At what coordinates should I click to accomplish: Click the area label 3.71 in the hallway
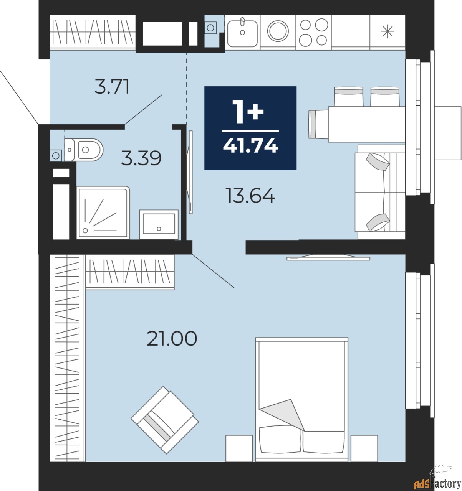pos(112,87)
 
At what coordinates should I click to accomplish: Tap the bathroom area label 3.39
pos(141,158)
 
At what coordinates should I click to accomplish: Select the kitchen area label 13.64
pos(250,196)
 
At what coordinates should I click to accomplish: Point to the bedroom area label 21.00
pos(172,338)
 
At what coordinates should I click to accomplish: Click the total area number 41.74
pos(250,146)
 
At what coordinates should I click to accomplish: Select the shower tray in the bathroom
pos(103,213)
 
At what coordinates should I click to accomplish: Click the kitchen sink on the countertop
pos(242,32)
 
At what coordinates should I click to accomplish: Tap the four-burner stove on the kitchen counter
pos(313,32)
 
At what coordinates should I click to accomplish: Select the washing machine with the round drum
pos(278,31)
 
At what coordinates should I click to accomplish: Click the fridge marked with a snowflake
pos(387,32)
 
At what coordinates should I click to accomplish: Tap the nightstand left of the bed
pos(239,448)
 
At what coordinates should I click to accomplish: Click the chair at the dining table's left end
pos(318,124)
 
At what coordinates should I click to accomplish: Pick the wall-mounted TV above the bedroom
pos(328,258)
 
